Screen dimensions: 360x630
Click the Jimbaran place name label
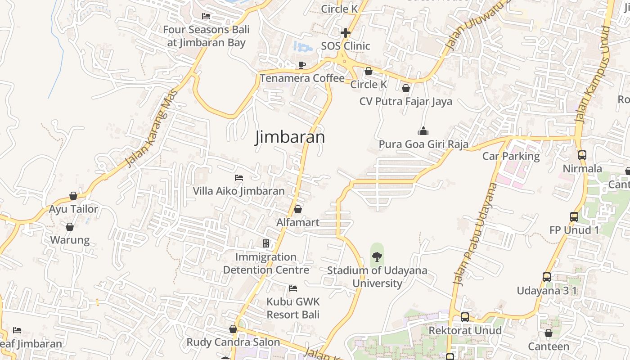point(290,137)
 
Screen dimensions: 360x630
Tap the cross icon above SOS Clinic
point(346,33)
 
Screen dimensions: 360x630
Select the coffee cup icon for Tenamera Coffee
point(302,65)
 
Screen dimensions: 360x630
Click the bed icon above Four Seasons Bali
point(206,16)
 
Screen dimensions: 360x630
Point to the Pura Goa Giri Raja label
point(423,144)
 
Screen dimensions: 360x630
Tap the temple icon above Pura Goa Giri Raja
point(423,131)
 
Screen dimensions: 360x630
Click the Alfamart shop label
point(297,222)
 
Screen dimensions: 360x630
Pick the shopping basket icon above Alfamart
point(297,209)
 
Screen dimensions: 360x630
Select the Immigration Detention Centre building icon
point(266,243)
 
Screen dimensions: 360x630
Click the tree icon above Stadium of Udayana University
point(377,257)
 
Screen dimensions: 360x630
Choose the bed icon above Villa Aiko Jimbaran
point(239,178)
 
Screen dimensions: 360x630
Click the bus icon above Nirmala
point(582,155)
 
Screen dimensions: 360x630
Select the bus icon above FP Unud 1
point(574,216)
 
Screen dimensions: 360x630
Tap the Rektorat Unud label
point(465,331)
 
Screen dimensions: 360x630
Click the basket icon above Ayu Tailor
point(73,196)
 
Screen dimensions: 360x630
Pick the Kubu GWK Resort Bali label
point(293,308)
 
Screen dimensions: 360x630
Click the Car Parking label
point(511,156)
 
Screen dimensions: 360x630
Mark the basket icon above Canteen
point(549,333)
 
